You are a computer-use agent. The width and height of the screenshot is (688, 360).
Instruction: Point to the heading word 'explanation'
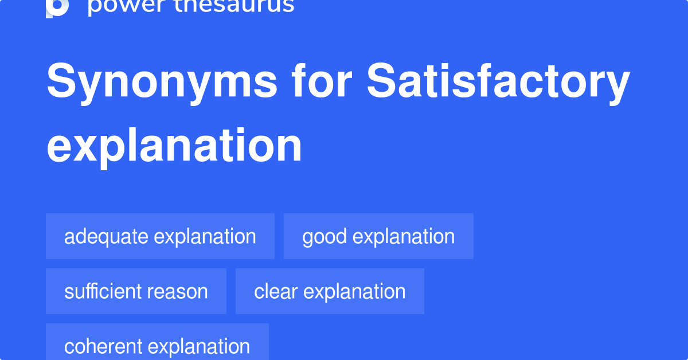pyautogui.click(x=174, y=147)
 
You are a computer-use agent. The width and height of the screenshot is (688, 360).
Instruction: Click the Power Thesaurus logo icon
pyautogui.click(x=57, y=7)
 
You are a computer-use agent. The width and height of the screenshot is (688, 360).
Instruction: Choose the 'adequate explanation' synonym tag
pyautogui.click(x=160, y=236)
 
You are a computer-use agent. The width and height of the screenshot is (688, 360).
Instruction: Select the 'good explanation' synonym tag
pyautogui.click(x=378, y=236)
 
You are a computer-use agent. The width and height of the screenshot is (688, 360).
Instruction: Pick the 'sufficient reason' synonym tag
pyautogui.click(x=136, y=291)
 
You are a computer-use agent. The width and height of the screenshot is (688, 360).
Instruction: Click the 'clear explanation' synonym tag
pyautogui.click(x=330, y=291)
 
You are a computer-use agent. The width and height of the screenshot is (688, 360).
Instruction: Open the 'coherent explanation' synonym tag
pyautogui.click(x=157, y=345)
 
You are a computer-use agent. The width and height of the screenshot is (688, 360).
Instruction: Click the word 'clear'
pyautogui.click(x=276, y=291)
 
